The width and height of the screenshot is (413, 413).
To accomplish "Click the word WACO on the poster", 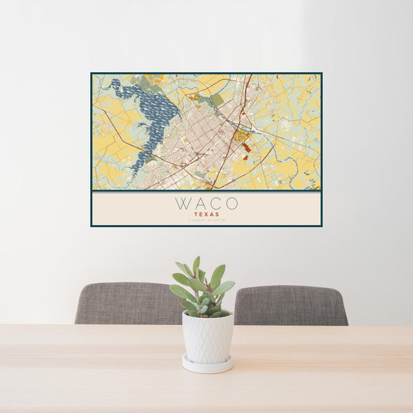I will tap(206, 204).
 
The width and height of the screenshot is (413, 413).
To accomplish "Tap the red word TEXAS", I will tap(206, 214).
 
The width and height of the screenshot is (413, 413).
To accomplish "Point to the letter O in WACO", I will tap(231, 204).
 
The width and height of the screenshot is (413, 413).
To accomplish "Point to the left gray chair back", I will tap(127, 303).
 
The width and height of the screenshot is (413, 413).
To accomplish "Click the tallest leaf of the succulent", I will tap(196, 265).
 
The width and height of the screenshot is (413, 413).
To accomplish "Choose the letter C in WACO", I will tap(215, 204).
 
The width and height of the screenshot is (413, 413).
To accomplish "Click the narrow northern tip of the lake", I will tap(116, 83).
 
